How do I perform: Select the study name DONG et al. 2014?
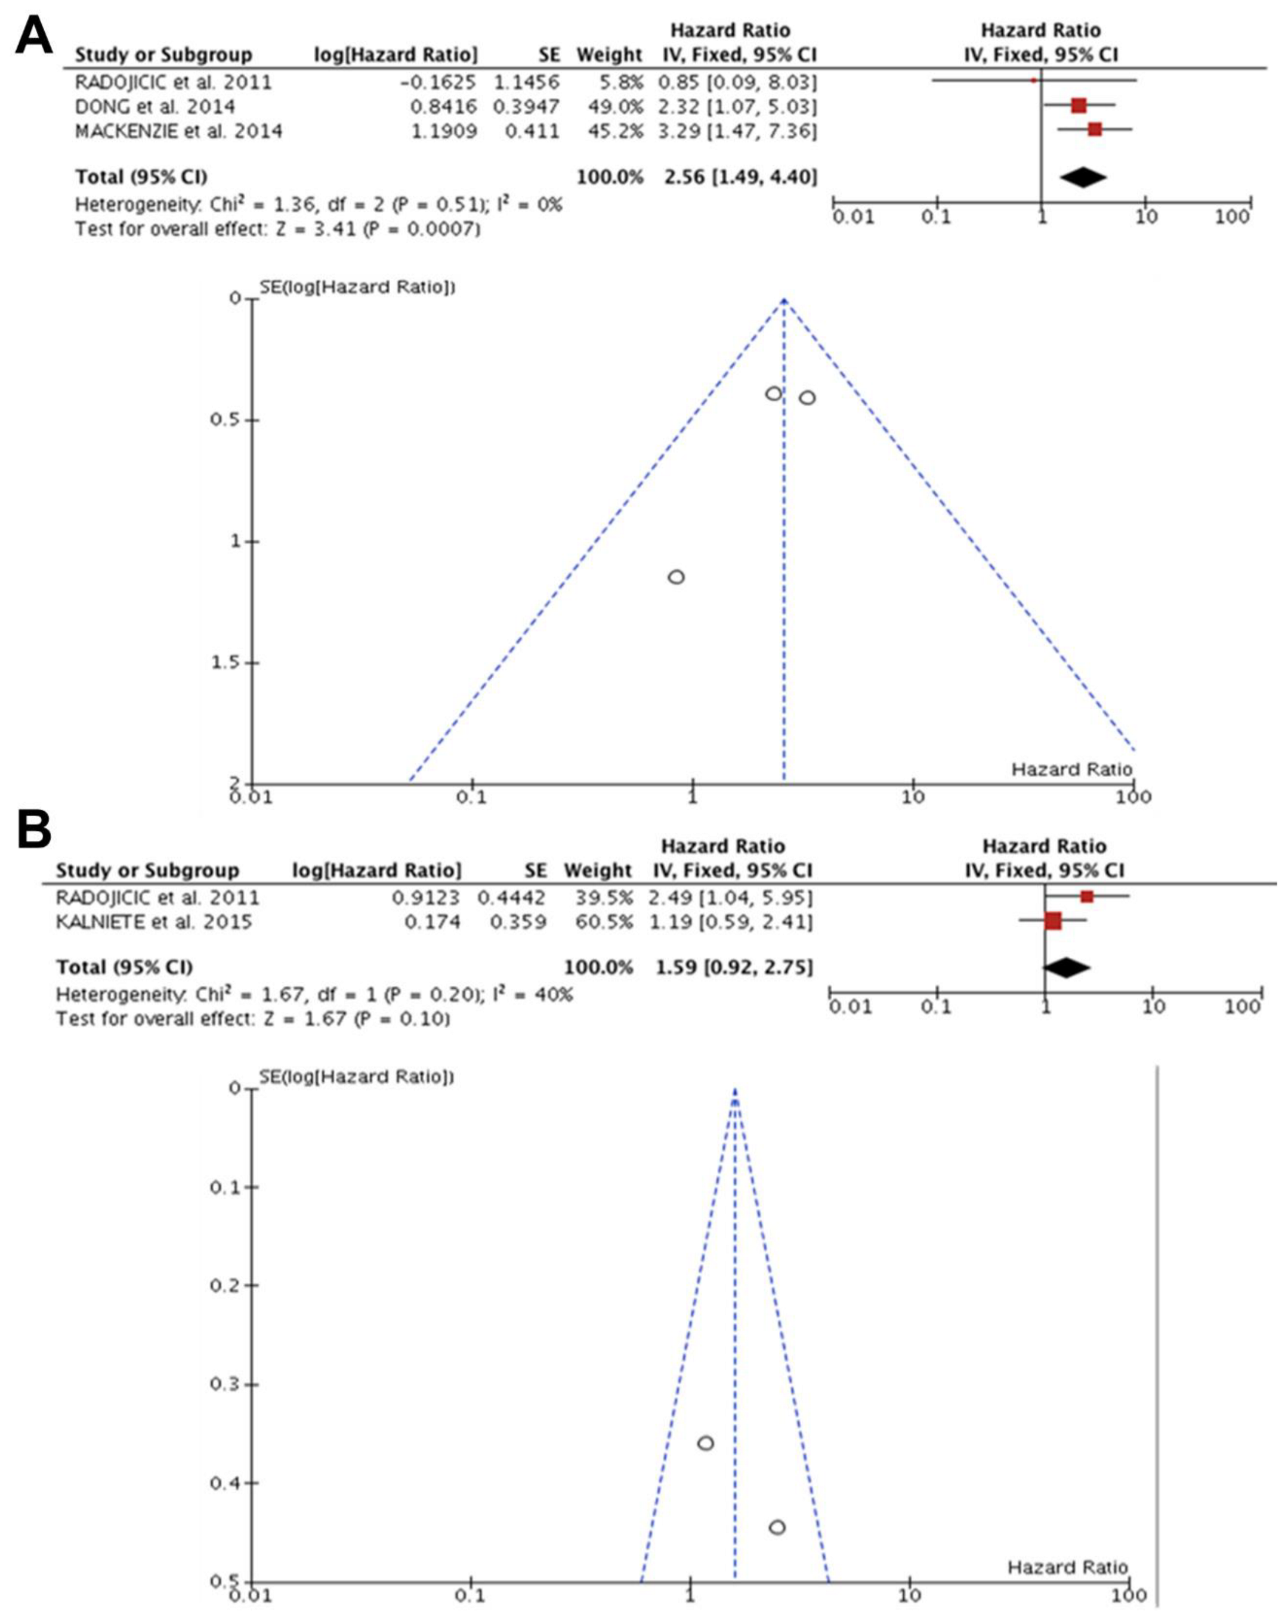click(155, 107)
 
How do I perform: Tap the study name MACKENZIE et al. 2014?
click(178, 131)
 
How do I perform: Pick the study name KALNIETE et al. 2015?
click(154, 921)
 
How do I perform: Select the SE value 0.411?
click(532, 131)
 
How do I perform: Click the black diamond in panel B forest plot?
click(1067, 967)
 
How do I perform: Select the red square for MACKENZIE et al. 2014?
click(1094, 130)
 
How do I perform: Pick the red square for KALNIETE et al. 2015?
click(1053, 921)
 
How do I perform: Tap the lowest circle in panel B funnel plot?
click(777, 1527)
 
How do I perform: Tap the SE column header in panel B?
click(536, 871)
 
